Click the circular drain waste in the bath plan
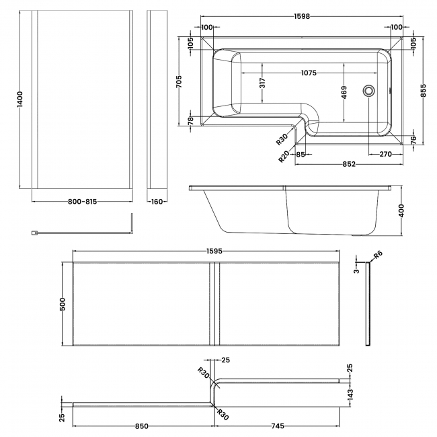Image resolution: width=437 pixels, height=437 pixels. coord(368,89)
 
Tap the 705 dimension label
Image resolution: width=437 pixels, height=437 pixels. coord(179,81)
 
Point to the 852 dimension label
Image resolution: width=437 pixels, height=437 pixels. coord(349,163)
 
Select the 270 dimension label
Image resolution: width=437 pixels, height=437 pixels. coord(385,154)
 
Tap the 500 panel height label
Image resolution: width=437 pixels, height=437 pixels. coord(63,304)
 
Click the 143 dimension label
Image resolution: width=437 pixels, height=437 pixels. coord(350,393)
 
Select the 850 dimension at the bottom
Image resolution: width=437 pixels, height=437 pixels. coord(142,426)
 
